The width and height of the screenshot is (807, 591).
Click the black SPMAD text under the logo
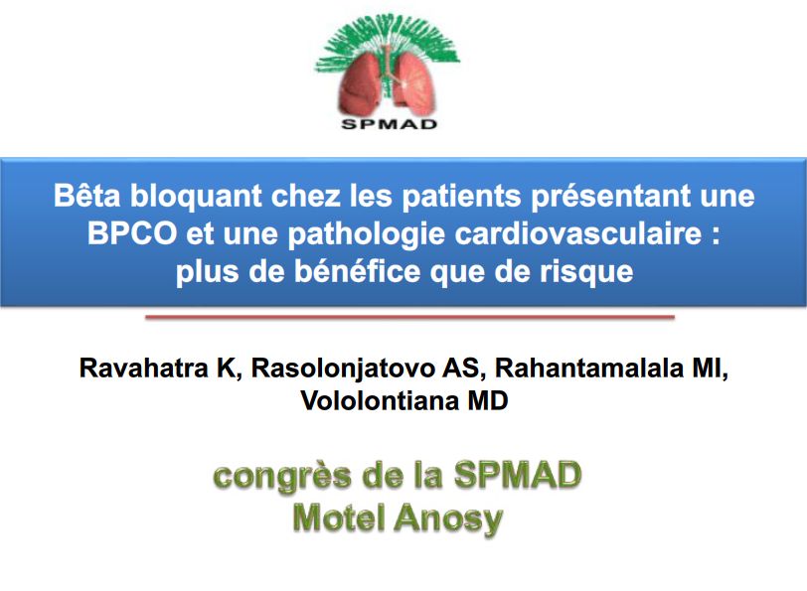[389, 124]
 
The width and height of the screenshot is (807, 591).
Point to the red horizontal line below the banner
[409, 318]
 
